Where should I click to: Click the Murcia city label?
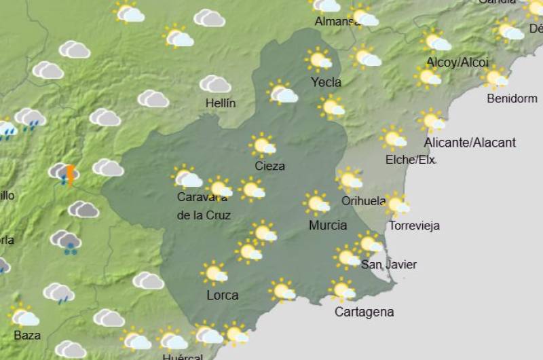click(x=328, y=225)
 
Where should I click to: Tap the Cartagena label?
click(x=364, y=312)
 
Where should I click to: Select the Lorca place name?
click(x=222, y=295)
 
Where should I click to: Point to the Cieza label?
click(x=269, y=166)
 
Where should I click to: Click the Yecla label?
click(x=326, y=82)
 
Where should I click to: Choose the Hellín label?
click(x=221, y=103)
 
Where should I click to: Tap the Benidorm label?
click(x=512, y=98)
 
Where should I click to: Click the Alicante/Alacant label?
click(x=470, y=143)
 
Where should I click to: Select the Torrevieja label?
click(x=415, y=226)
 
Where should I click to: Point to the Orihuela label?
click(x=364, y=201)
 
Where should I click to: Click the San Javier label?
click(x=389, y=264)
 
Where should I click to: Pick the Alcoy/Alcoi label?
click(x=457, y=62)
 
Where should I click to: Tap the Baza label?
click(x=27, y=335)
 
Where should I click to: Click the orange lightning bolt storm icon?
click(x=69, y=175)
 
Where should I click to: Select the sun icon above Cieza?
click(x=263, y=145)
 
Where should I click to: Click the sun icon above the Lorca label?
click(x=215, y=273)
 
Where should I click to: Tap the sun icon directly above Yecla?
click(x=318, y=60)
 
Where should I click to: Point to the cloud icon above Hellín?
click(x=215, y=84)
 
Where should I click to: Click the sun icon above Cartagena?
click(x=343, y=291)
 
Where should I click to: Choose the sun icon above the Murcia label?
click(x=317, y=203)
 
